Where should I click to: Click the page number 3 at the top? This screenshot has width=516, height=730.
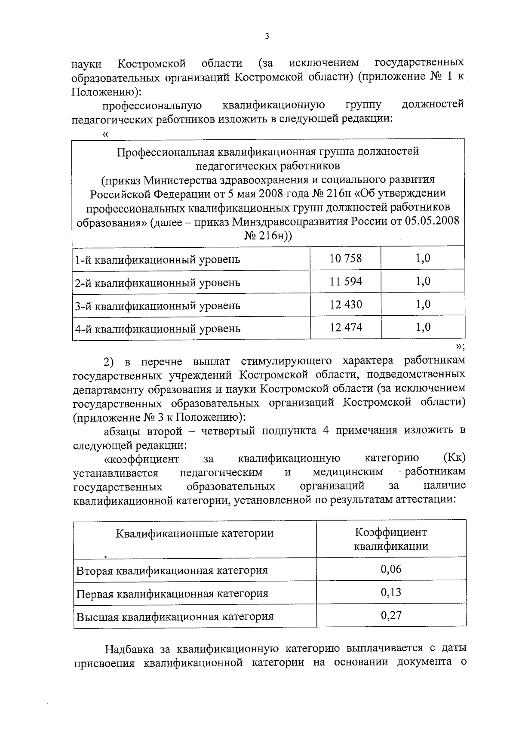tap(267, 37)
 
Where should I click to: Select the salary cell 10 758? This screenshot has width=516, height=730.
tap(346, 258)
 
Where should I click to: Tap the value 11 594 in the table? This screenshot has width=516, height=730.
tap(346, 281)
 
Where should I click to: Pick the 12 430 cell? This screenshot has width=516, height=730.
tap(346, 305)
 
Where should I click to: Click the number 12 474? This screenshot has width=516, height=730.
tap(346, 327)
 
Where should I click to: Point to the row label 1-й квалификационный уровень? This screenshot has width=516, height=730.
tap(157, 260)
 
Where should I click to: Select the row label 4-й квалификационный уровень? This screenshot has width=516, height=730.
tap(157, 329)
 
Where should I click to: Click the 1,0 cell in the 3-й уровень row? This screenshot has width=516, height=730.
tap(423, 305)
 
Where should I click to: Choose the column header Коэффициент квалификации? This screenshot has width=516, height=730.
tap(391, 539)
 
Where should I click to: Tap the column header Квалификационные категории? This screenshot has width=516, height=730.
tap(195, 533)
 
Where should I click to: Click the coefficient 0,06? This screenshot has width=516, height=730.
tap(391, 569)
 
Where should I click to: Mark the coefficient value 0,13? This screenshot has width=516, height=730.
tap(391, 592)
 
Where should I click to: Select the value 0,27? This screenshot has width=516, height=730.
tap(391, 615)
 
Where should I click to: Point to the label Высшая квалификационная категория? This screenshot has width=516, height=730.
tap(175, 617)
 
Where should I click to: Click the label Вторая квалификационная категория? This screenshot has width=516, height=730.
tap(172, 571)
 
